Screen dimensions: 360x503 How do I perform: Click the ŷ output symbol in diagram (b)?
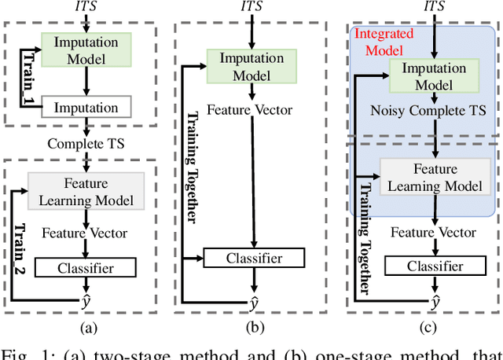click(253, 303)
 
